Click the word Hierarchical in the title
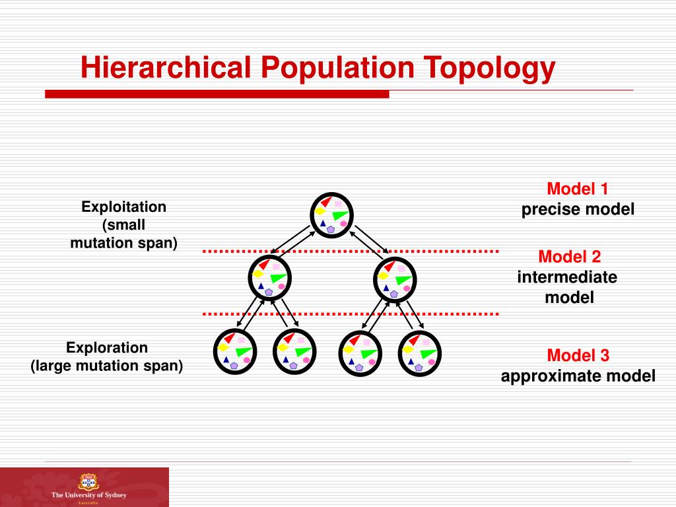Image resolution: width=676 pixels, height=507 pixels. point(168,68)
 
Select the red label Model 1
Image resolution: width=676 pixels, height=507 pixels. point(578,189)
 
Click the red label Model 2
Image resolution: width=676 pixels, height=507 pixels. point(570,256)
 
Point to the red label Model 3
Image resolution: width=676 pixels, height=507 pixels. point(578,356)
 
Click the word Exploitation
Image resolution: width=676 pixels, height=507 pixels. point(124,207)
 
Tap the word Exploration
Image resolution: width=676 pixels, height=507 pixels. point(107,347)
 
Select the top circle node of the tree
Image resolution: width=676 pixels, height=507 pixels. point(332,215)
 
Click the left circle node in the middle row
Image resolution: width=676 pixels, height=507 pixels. point(270,277)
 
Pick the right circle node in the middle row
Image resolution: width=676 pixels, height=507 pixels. point(395,277)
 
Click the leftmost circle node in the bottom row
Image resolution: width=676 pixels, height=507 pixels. point(235,351)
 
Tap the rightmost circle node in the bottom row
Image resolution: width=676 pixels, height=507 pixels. point(421,351)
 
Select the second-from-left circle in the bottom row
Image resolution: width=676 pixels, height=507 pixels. point(294,351)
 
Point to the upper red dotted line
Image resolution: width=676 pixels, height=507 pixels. point(350,252)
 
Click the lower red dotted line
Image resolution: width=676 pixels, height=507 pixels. point(350,313)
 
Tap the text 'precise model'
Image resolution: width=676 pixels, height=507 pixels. point(578,210)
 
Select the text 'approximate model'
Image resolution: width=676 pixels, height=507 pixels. point(578,376)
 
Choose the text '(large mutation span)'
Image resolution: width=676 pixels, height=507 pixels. point(107,365)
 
